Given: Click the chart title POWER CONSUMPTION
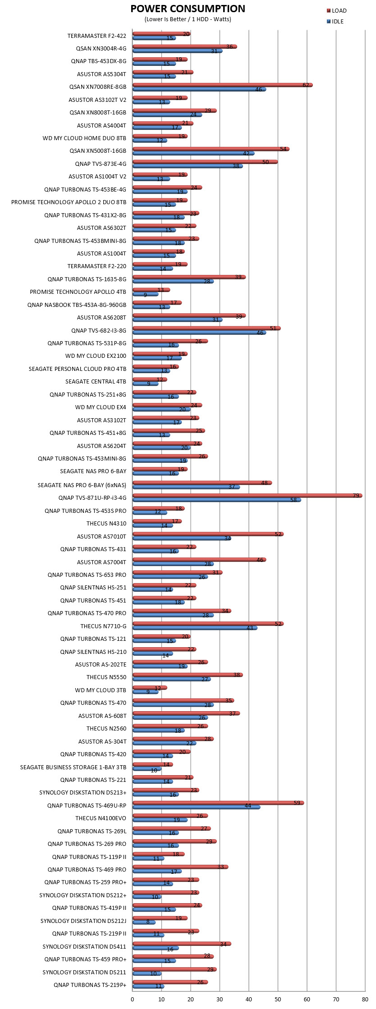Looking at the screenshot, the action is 188,9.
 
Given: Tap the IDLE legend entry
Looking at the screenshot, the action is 335,22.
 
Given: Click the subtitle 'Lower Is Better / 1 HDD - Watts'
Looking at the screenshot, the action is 188,19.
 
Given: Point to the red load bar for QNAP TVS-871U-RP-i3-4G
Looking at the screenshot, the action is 247,496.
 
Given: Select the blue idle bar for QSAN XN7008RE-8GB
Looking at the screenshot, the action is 199,89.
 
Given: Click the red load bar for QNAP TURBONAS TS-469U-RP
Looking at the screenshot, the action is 218,803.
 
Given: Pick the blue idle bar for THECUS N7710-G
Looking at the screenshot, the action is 195,628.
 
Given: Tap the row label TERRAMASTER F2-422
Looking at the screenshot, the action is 97,36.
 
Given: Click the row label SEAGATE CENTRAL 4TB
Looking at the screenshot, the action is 96,382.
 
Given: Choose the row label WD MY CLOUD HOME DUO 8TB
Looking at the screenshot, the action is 84,138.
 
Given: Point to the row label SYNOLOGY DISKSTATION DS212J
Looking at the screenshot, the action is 83,921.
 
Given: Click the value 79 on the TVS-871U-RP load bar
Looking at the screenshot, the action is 356,496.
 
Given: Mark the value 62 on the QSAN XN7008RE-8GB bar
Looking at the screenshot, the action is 306,85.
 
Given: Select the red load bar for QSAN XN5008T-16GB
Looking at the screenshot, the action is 211,149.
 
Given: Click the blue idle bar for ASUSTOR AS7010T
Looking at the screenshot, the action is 182,538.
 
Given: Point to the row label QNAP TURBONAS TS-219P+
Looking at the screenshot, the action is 90,985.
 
